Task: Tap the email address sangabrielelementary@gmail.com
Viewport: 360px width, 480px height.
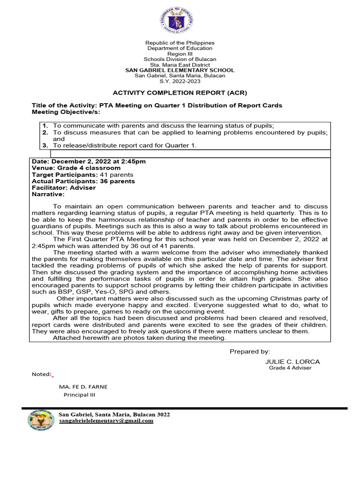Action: [106, 421]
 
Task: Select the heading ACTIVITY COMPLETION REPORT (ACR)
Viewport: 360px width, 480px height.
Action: [180, 92]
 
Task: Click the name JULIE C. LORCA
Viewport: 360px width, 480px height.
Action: [292, 362]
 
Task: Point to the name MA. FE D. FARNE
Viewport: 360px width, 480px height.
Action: [83, 387]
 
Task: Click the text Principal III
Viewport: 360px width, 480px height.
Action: [79, 395]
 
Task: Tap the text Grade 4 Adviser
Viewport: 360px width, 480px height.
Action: [290, 368]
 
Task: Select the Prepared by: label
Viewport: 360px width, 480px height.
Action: [249, 352]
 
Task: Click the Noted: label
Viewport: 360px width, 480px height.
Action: [41, 374]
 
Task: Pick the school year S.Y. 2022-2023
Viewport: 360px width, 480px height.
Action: [180, 81]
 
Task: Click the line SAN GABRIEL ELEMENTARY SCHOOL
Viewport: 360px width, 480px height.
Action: [180, 70]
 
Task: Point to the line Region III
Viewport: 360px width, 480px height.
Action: [180, 54]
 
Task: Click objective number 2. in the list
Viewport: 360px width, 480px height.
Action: [45, 133]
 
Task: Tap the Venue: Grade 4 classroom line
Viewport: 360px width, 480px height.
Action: [76, 168]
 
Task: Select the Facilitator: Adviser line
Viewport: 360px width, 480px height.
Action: [63, 187]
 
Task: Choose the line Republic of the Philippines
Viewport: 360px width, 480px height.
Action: [180, 43]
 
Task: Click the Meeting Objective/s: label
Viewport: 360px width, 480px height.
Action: [66, 112]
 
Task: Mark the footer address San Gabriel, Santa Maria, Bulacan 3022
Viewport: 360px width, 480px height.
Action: [114, 414]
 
